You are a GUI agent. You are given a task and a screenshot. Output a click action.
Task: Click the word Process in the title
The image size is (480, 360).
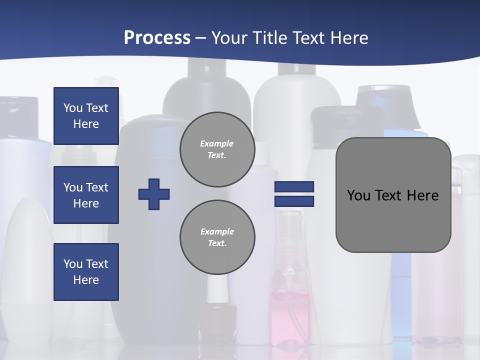point(157,38)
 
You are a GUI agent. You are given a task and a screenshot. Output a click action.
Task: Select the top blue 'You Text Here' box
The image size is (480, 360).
point(86,116)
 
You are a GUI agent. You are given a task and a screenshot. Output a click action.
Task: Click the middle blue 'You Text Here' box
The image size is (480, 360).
point(86,195)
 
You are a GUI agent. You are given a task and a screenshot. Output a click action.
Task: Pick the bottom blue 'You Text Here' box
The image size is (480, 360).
point(86,272)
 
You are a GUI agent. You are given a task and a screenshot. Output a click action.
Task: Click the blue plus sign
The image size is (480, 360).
point(154,194)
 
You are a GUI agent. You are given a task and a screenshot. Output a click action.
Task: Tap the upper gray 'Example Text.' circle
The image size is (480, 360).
point(217,149)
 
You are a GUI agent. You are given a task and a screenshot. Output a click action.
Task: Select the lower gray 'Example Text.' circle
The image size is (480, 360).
point(217,237)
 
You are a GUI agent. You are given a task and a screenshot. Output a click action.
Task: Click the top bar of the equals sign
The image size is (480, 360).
point(294,186)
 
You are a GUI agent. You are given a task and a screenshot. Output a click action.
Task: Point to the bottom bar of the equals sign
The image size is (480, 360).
point(294,201)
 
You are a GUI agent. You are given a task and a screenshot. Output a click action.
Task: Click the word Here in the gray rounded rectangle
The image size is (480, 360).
point(422,195)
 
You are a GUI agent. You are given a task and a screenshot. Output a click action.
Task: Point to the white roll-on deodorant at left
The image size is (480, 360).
point(30,250)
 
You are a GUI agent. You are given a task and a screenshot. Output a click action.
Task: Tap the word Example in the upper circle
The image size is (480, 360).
point(217,143)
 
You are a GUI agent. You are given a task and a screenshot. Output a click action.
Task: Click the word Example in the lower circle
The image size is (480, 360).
point(217,231)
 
